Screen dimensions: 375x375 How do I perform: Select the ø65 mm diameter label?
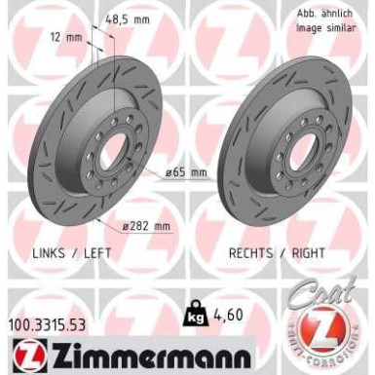coord(186,172)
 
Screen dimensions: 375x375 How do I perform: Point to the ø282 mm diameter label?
coord(147,226)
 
